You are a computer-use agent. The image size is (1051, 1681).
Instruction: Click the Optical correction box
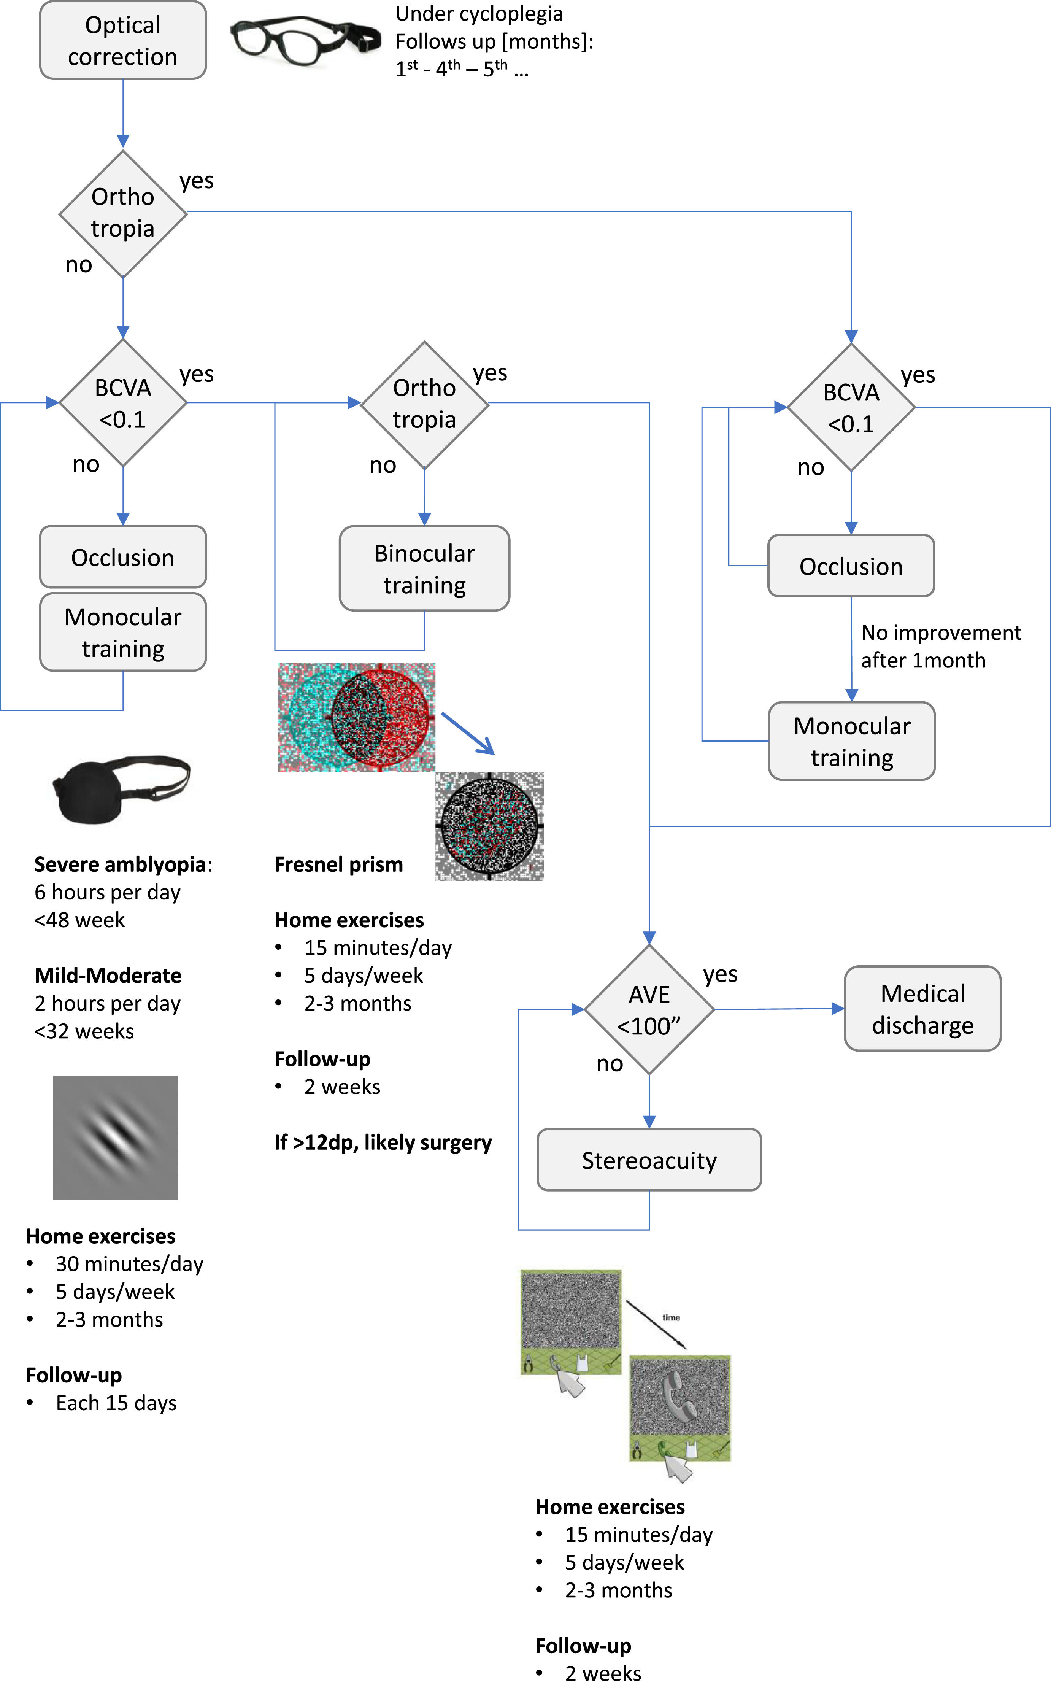point(123,40)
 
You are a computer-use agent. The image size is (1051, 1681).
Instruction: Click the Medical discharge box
point(922,1009)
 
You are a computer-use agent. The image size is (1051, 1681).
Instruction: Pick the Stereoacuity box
point(649,1160)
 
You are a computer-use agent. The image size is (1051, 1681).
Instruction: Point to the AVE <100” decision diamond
point(649,1009)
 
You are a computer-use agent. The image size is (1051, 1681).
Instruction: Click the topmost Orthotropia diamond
point(123,213)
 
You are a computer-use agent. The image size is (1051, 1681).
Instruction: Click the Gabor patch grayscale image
point(115,1138)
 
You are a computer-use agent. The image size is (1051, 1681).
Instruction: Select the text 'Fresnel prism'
point(338,864)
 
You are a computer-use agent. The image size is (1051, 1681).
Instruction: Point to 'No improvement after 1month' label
point(940,647)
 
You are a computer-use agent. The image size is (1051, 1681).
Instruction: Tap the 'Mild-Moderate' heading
point(108,976)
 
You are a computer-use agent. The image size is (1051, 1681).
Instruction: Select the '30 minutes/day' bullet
point(129,1264)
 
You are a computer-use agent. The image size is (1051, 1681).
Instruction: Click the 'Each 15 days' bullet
point(116,1403)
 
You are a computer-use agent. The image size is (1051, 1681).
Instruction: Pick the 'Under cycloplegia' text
point(479,14)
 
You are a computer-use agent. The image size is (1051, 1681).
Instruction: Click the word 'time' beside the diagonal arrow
point(671,1317)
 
